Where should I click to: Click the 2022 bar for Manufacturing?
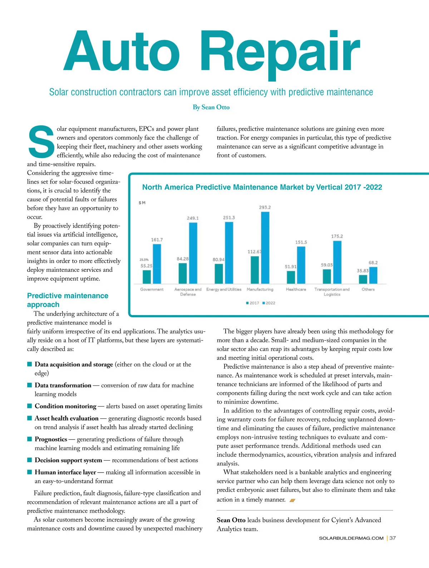(x=265, y=248)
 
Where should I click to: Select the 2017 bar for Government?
(x=147, y=276)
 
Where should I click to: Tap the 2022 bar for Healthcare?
(x=301, y=265)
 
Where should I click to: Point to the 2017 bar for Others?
(x=363, y=279)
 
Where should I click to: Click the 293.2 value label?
(x=265, y=207)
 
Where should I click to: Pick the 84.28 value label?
(x=182, y=259)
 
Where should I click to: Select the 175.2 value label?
(x=337, y=236)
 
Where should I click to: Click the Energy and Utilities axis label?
(x=224, y=289)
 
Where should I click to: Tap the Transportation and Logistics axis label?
(x=332, y=292)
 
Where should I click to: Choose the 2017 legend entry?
(x=253, y=303)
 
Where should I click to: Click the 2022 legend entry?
(x=269, y=303)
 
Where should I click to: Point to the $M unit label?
(x=142, y=203)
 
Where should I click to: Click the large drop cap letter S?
(x=41, y=142)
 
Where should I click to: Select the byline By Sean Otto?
(x=211, y=107)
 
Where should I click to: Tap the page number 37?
(x=393, y=538)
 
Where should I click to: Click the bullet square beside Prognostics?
(x=30, y=439)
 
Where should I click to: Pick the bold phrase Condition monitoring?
(x=65, y=406)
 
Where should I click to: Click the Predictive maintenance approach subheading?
(x=68, y=300)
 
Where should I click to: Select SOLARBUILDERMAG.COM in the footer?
(x=351, y=538)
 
